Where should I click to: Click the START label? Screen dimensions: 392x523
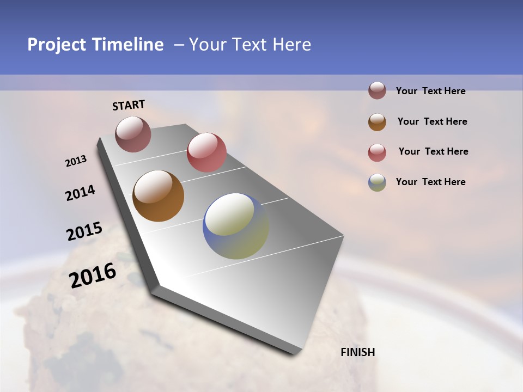[129, 105]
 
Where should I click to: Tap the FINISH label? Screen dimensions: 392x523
[358, 352]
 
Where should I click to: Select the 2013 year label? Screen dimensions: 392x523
[76, 161]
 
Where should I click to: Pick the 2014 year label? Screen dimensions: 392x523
[80, 193]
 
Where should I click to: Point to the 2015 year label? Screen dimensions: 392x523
[84, 231]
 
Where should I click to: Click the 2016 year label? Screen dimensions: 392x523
[93, 275]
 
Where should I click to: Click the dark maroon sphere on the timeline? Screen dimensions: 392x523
[133, 134]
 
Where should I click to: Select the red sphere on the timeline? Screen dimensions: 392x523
[206, 152]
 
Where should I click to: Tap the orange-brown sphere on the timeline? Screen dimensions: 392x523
[158, 196]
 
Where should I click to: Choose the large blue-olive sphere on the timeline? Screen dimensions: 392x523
[236, 226]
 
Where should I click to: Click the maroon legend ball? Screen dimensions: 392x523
[377, 91]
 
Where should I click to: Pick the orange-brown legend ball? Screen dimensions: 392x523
[377, 121]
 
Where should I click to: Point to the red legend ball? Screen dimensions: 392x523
[377, 152]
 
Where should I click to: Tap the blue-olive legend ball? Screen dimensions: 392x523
[377, 182]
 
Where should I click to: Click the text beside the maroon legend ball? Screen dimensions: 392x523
[430, 91]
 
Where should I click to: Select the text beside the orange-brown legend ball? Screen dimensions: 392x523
[432, 121]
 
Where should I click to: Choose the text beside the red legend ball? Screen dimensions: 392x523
[433, 151]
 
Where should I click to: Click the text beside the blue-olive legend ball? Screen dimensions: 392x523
[430, 182]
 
